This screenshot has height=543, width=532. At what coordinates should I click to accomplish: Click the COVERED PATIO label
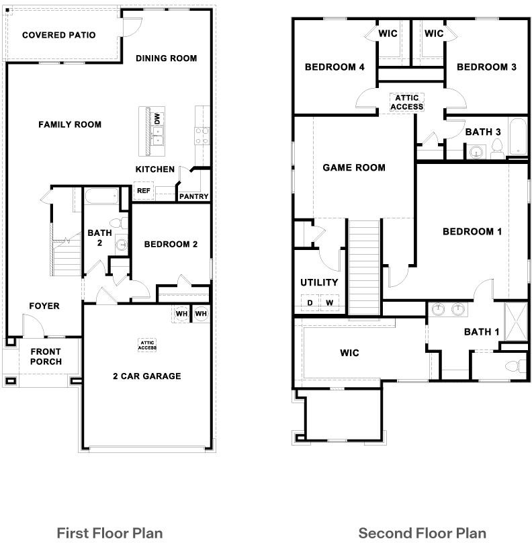click(59, 35)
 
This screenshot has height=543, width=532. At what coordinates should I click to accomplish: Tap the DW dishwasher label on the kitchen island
click(157, 119)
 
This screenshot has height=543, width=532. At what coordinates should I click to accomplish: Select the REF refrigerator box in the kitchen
click(144, 190)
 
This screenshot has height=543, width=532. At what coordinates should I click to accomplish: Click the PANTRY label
click(194, 196)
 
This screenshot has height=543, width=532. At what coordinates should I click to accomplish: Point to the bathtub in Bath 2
click(101, 196)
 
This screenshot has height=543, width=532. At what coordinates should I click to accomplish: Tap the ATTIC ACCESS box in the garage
click(147, 345)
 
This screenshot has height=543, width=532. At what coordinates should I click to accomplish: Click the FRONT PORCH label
click(46, 356)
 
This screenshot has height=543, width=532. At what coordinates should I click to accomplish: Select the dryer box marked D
click(310, 302)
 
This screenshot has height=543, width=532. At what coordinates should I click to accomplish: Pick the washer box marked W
click(330, 302)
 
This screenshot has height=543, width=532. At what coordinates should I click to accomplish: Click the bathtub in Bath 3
click(518, 136)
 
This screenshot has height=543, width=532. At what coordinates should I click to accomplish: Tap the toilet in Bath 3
click(497, 149)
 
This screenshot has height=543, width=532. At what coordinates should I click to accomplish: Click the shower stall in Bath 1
click(516, 322)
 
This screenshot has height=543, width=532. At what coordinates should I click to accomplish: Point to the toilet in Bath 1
click(516, 366)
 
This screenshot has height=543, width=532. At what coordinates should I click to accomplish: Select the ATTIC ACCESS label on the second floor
click(406, 102)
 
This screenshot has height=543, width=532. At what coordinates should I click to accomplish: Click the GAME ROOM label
click(354, 167)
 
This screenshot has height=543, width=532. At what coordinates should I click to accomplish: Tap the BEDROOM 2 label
click(171, 244)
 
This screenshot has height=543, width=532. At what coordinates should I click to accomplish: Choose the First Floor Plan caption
click(109, 533)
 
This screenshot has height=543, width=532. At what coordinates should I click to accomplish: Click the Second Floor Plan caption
click(423, 533)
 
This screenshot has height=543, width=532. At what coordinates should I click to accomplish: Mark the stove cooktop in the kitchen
click(202, 136)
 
